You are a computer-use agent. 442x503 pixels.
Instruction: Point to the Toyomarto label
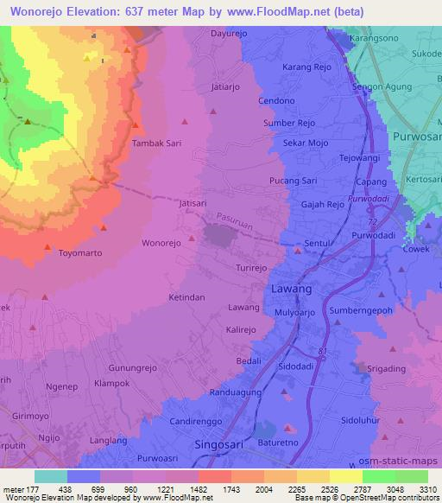pyautogui.click(x=79, y=254)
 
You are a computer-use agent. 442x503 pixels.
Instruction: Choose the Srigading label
pyautogui.click(x=386, y=369)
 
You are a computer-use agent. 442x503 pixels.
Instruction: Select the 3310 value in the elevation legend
pyautogui.click(x=427, y=488)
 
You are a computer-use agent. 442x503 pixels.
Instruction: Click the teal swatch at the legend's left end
pyautogui.click(x=50, y=476)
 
